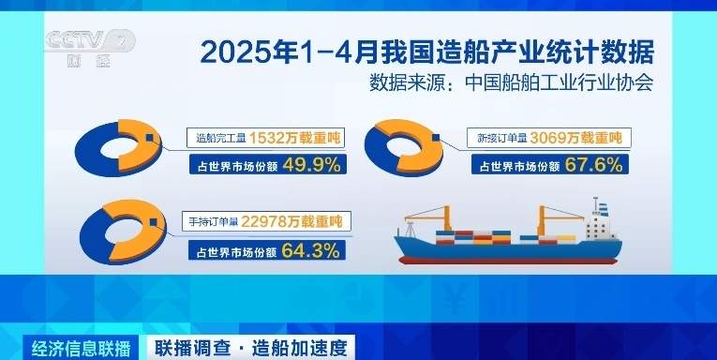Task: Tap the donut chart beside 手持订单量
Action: pyautogui.click(x=121, y=234)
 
